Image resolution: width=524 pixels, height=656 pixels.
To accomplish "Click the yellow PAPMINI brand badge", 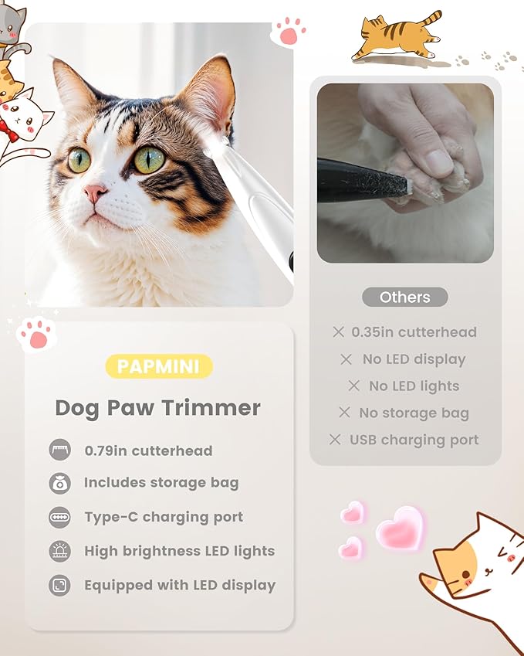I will click(x=158, y=366).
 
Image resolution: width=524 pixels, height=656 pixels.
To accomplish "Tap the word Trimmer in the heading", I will click(x=220, y=408).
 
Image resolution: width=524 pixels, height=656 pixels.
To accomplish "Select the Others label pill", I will click(x=404, y=297).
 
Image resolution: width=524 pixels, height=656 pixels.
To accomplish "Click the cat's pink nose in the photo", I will click(x=95, y=192).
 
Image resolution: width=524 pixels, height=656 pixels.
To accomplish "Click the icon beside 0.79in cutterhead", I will click(x=59, y=450).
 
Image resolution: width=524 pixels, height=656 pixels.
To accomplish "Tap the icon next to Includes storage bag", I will click(x=59, y=483).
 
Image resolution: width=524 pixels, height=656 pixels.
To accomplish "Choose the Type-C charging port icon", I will click(x=59, y=517).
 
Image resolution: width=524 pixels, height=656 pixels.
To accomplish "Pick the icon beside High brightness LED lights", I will click(x=59, y=551).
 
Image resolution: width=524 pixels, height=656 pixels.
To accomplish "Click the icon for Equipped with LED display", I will click(x=59, y=585).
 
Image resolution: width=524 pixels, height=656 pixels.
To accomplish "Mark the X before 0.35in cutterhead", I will click(x=338, y=332).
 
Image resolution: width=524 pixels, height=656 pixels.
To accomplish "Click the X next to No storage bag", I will click(x=344, y=413).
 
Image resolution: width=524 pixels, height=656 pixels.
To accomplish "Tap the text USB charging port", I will click(x=414, y=440).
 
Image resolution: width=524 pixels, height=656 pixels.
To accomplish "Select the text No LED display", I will click(x=414, y=359).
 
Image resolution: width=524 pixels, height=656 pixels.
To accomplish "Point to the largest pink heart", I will click(x=400, y=529).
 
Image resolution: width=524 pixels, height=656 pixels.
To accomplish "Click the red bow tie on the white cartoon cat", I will click(x=7, y=126).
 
